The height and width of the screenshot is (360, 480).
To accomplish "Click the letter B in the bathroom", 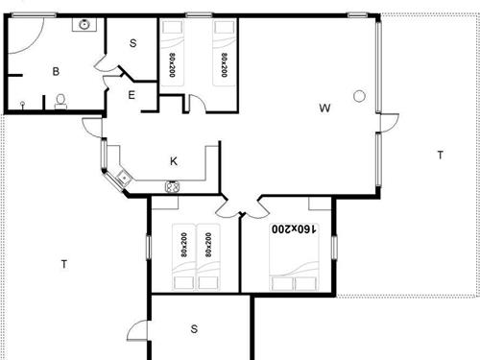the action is (x=56, y=71).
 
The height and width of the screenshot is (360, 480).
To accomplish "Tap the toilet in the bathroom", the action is (x=60, y=101).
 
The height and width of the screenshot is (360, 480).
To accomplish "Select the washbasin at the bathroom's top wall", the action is (x=84, y=25).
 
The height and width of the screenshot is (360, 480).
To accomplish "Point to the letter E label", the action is (x=132, y=95).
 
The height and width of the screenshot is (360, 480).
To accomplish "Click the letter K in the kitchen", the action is (x=174, y=161).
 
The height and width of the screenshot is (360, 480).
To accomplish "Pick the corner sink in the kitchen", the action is (x=124, y=178).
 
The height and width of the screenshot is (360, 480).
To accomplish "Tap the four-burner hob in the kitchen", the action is (x=173, y=187).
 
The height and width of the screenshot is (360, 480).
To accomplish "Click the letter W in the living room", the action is (x=324, y=108).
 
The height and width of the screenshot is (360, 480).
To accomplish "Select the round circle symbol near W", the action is (x=359, y=96).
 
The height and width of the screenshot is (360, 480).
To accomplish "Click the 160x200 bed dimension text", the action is (x=294, y=228).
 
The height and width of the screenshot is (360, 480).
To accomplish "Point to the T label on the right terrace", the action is (x=441, y=156).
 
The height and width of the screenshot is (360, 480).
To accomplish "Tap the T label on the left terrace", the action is (x=64, y=264).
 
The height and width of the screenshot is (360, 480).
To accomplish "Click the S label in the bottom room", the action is (x=194, y=329).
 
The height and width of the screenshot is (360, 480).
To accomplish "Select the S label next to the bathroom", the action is (x=133, y=43).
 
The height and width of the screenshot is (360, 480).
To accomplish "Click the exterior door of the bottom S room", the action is (x=138, y=330).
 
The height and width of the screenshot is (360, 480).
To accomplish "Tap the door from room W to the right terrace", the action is (x=388, y=123).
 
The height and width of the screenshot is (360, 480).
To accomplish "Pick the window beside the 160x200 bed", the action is (x=334, y=248).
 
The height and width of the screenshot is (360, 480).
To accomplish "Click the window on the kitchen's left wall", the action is (x=104, y=155).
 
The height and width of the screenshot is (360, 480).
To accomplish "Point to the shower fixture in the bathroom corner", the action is (x=22, y=105).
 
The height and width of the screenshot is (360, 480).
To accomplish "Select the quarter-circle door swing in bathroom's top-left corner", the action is (x=35, y=44).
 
